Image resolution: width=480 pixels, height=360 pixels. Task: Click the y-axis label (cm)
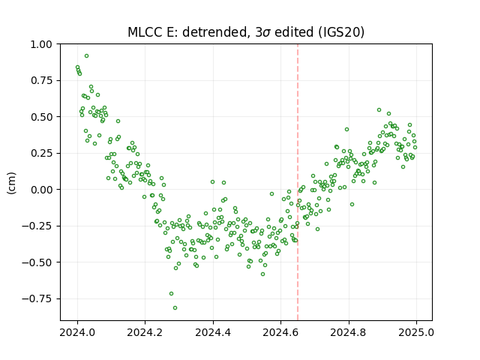pyautogui.click(x=11, y=183)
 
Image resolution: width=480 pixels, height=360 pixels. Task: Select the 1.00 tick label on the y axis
pyautogui.click(x=41, y=44)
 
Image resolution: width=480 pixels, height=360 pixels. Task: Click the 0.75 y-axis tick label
pyautogui.click(x=41, y=80)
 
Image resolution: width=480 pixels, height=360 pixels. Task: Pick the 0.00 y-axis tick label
pyautogui.click(x=41, y=190)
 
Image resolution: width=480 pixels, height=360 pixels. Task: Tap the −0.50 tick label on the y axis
pyautogui.click(x=37, y=262)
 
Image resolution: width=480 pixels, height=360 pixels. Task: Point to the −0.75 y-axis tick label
pyautogui.click(x=37, y=298)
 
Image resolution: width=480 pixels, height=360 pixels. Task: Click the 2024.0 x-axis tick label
pyautogui.click(x=77, y=332)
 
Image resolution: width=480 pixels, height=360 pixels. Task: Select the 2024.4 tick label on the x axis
pyautogui.click(x=213, y=332)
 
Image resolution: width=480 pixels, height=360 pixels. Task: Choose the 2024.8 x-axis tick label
pyautogui.click(x=348, y=332)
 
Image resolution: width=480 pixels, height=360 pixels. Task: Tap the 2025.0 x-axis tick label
pyautogui.click(x=416, y=332)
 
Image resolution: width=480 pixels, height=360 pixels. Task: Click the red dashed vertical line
pyautogui.click(x=298, y=182)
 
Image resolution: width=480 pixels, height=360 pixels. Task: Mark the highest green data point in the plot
pyautogui.click(x=87, y=55)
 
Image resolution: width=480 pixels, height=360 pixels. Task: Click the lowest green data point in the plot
pyautogui.click(x=175, y=307)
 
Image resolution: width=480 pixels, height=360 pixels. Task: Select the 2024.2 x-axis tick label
pyautogui.click(x=145, y=332)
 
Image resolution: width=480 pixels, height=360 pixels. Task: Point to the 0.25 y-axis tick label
pyautogui.click(x=41, y=153)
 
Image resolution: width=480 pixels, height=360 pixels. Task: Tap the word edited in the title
pyautogui.click(x=294, y=32)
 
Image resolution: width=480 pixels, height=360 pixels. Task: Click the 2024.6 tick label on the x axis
pyautogui.click(x=280, y=332)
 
